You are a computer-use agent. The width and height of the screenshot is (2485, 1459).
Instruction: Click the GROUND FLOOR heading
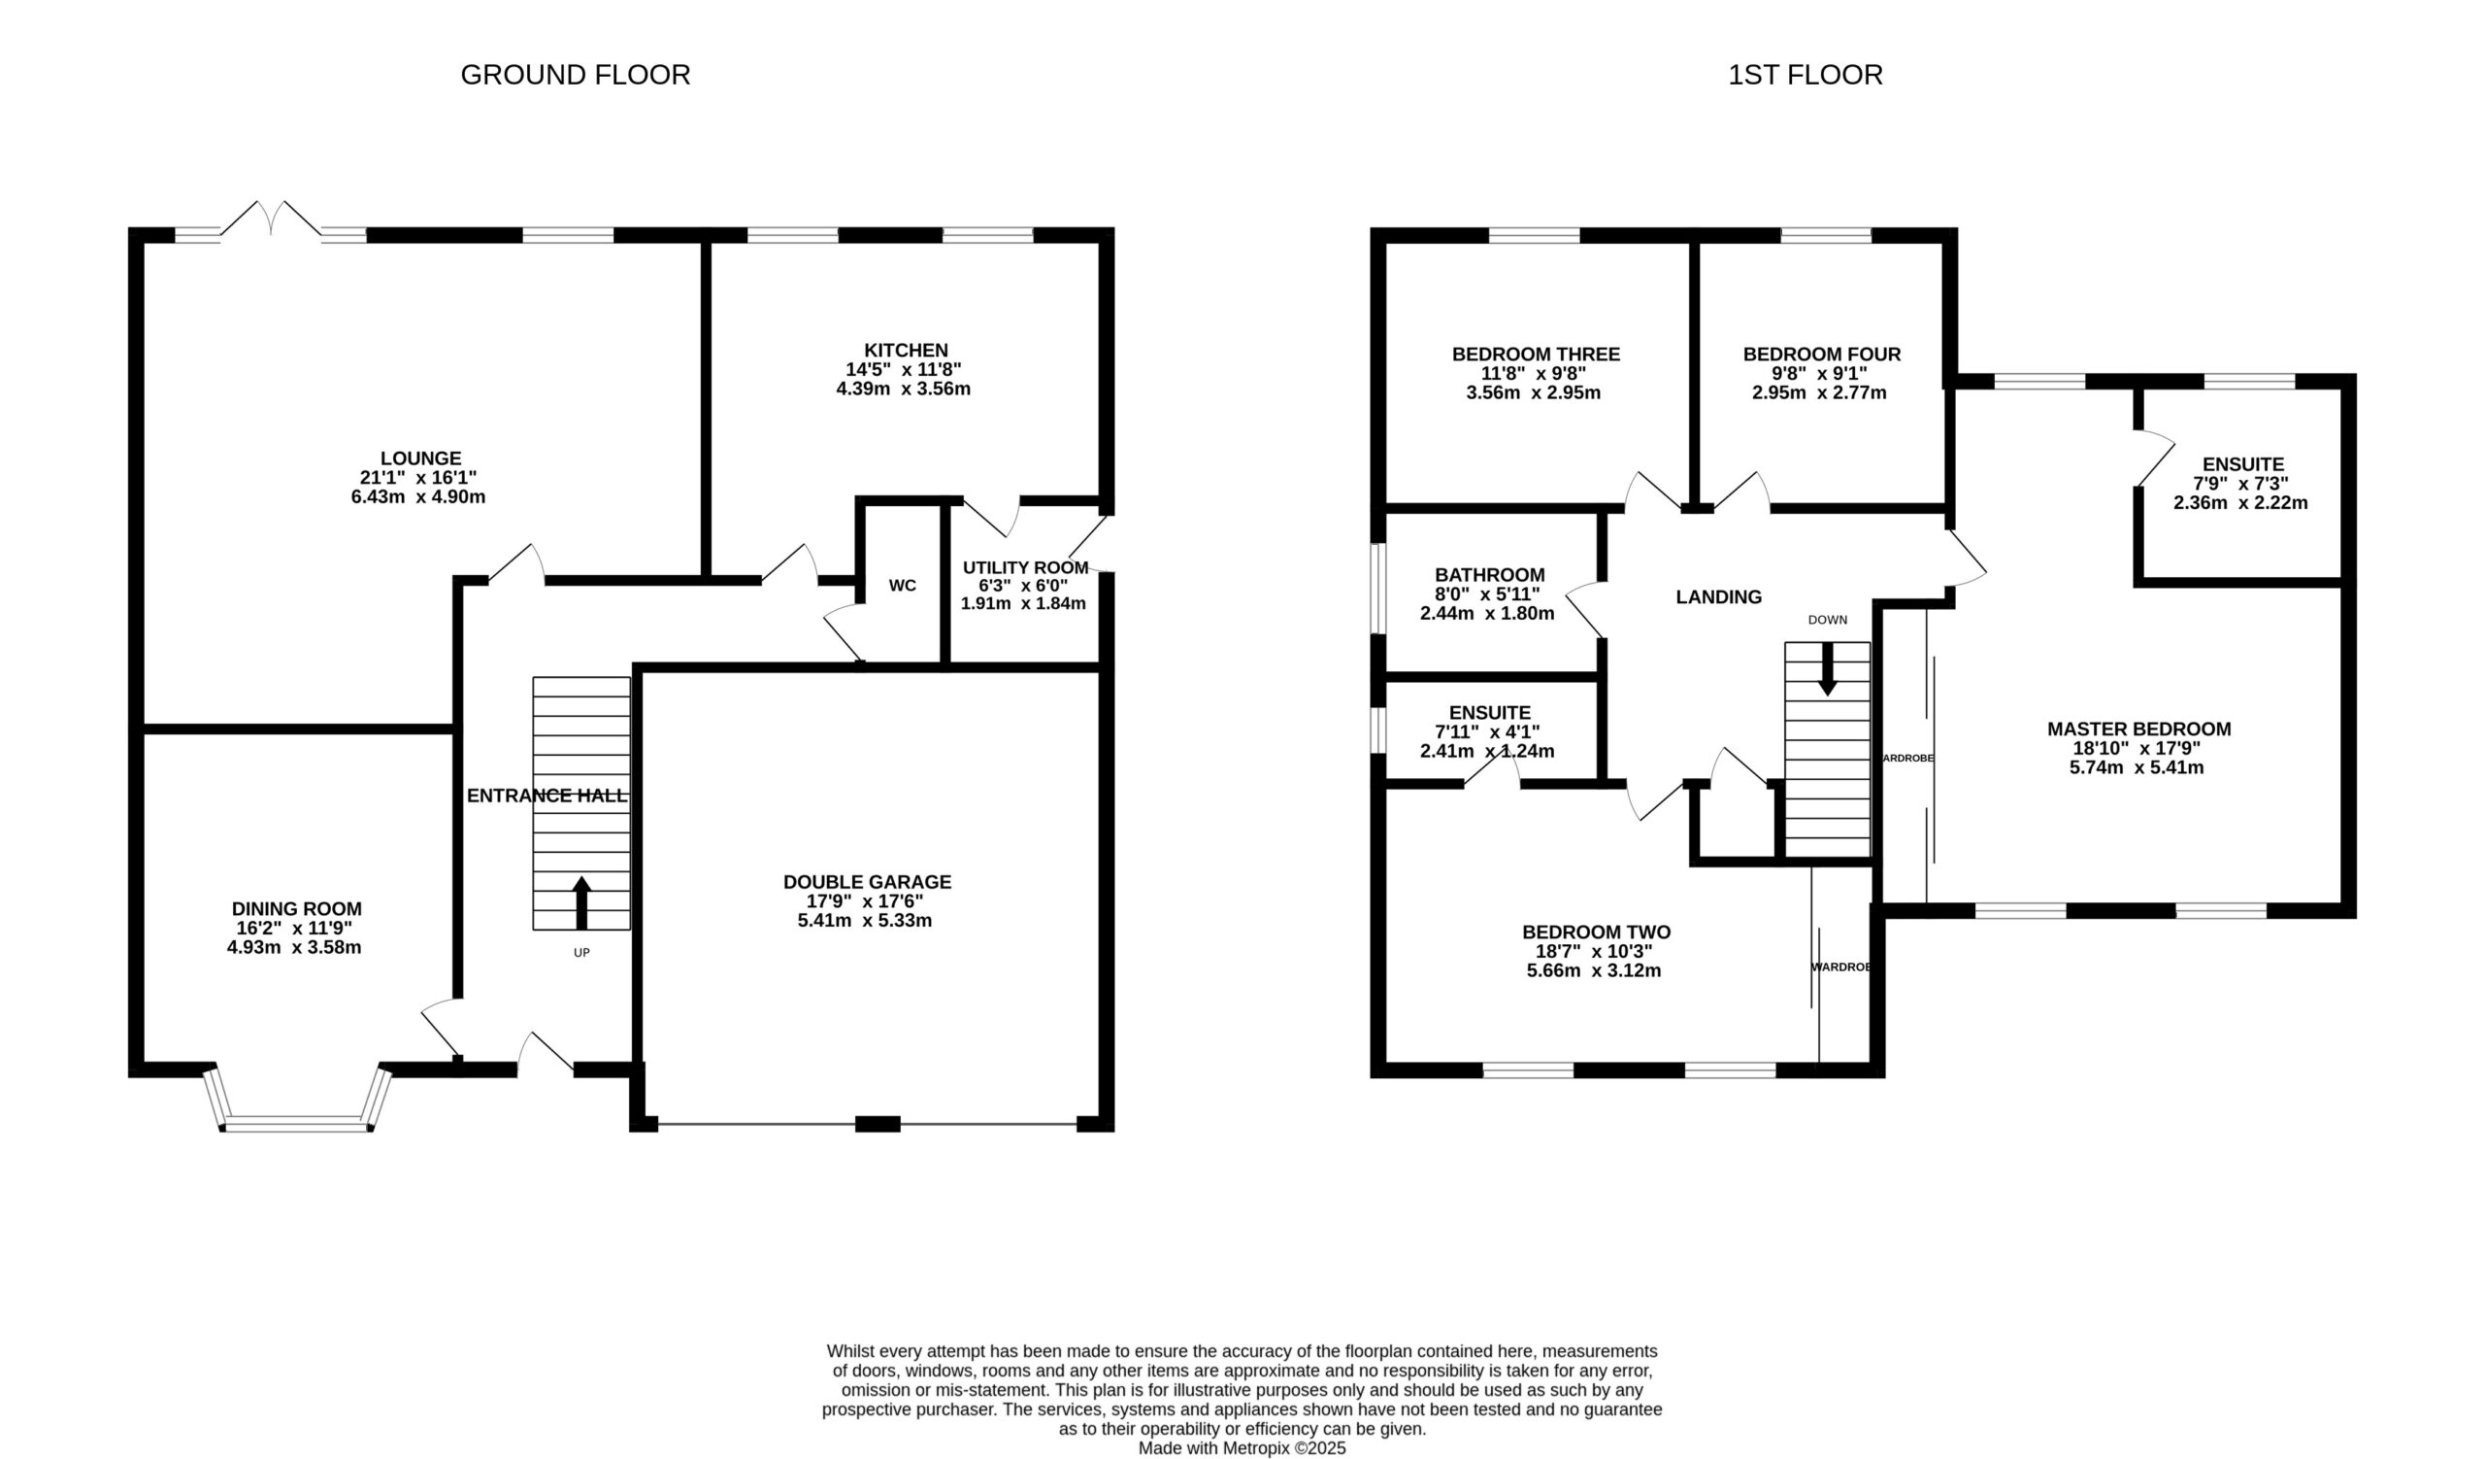pos(575,75)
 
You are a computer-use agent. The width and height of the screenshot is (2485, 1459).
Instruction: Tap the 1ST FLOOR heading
pos(1805,75)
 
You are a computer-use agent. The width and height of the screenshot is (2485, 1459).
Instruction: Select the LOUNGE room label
pos(421,458)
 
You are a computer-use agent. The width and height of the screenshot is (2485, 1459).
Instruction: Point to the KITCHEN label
pos(907,351)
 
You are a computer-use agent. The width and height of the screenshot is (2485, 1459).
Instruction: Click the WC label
pos(903,586)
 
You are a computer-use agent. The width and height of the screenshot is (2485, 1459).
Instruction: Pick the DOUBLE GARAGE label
pos(868,882)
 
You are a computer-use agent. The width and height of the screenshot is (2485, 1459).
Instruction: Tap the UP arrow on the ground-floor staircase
pos(581,902)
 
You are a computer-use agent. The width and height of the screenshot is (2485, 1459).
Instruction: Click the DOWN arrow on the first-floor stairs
pos(1827,669)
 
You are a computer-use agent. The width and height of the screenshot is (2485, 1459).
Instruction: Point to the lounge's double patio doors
pos(270,219)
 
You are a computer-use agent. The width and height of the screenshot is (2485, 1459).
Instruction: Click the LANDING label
pos(1719,596)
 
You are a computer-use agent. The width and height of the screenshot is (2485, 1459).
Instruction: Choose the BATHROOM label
pos(1490,575)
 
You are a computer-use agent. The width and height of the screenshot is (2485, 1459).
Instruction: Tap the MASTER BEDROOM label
pos(2138,729)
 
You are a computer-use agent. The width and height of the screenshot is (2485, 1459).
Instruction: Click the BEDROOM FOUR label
pos(1821,355)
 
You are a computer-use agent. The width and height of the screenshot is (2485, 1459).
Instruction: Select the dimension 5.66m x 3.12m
pos(1594,970)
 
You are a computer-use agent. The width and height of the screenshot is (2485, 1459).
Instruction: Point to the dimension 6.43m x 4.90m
pos(418,497)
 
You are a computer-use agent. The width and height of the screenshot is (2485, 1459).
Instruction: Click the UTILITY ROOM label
pos(1026,568)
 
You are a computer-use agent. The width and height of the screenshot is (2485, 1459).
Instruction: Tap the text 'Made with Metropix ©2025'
pos(1242,1448)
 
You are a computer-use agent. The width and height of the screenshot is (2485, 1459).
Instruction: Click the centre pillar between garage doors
pos(878,1124)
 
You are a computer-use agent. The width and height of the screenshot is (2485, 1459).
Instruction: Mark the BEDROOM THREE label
pos(1536,355)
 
